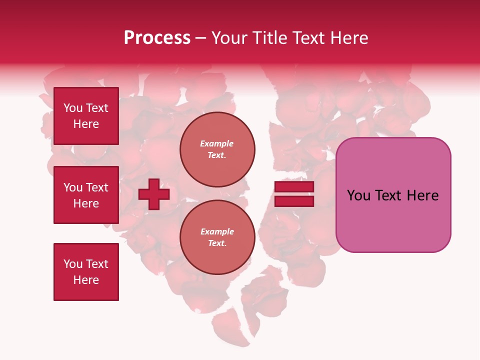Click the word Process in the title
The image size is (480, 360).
click(157, 38)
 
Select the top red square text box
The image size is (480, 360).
click(86, 116)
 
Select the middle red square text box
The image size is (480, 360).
click(86, 195)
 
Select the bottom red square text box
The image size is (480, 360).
click(86, 272)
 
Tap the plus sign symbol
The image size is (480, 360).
click(154, 194)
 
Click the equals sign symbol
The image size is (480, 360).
click(294, 194)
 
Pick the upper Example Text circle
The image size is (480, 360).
click(217, 149)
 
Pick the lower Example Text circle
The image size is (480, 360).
click(217, 237)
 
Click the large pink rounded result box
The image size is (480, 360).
click(393, 195)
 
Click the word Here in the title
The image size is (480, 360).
click(349, 38)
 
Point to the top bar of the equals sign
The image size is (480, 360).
click(294, 187)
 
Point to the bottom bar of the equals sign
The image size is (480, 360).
click(294, 201)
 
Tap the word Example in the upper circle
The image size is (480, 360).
click(217, 143)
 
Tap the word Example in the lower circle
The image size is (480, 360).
click(217, 231)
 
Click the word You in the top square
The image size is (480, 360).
click(73, 108)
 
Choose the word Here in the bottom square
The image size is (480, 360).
click(86, 280)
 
